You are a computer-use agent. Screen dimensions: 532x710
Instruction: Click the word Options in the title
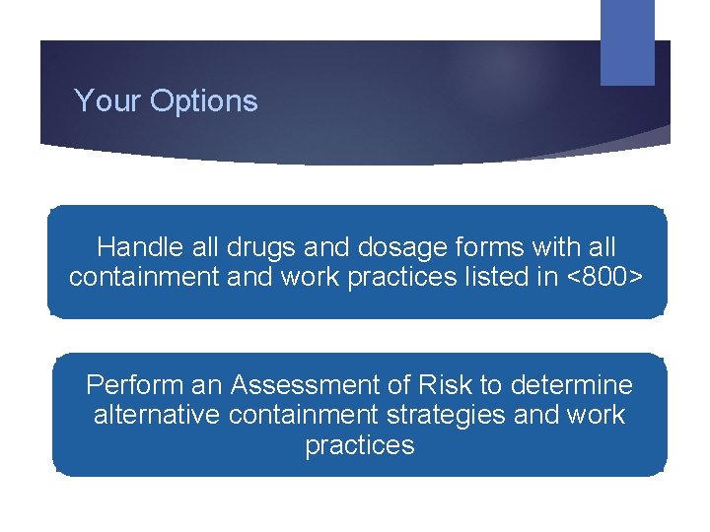point(203,101)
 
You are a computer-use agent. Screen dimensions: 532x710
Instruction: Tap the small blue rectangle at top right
point(627,41)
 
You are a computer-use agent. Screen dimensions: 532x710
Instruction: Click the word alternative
point(156,414)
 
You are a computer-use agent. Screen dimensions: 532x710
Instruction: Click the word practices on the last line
point(359,445)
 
